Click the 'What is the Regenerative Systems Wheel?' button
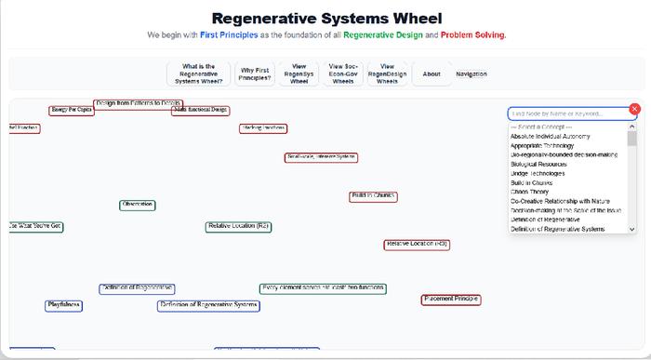pyautogui.click(x=198, y=73)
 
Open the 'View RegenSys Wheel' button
pyautogui.click(x=299, y=73)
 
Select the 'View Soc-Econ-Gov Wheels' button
pyautogui.click(x=343, y=73)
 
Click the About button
pyautogui.click(x=432, y=73)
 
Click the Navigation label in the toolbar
pyautogui.click(x=471, y=73)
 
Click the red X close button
pyautogui.click(x=635, y=109)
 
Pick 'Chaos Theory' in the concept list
pyautogui.click(x=536, y=192)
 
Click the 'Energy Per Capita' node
pyautogui.click(x=72, y=111)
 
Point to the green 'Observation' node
pyautogui.click(x=138, y=205)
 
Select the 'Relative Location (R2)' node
pyautogui.click(x=239, y=226)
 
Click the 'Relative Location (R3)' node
pyautogui.click(x=418, y=244)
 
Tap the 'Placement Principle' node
pyautogui.click(x=451, y=300)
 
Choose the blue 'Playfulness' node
pyautogui.click(x=64, y=305)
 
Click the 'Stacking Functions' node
pyautogui.click(x=262, y=128)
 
